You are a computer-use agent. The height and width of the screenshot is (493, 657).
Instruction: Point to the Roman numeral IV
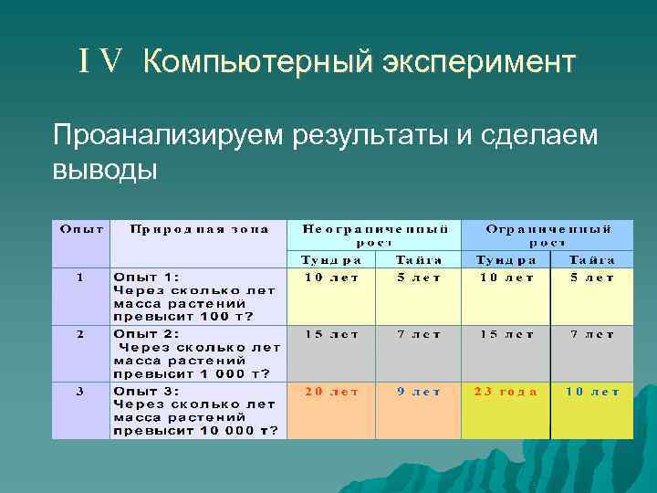100,63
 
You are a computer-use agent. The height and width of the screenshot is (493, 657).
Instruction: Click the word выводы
105,170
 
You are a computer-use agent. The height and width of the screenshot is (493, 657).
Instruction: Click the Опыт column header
81,229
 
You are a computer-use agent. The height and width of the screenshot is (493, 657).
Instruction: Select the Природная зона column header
198,229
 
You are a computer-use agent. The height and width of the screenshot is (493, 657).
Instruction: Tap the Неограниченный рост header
375,236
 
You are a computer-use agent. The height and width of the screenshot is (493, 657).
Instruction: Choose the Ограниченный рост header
547,236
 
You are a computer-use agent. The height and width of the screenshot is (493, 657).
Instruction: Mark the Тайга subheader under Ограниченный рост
592,259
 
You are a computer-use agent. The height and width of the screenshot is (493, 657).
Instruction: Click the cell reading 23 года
506,391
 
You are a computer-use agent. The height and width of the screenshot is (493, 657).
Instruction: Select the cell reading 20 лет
331,391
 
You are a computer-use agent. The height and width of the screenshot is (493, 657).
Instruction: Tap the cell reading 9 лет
419,391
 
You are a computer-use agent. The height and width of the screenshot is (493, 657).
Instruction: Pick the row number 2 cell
80,334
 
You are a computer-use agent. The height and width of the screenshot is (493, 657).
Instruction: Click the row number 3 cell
80,391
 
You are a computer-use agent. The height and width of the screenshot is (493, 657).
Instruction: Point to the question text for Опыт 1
193,297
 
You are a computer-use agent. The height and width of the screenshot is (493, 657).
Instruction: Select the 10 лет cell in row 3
592,391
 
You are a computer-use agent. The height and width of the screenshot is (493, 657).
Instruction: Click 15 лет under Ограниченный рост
506,334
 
